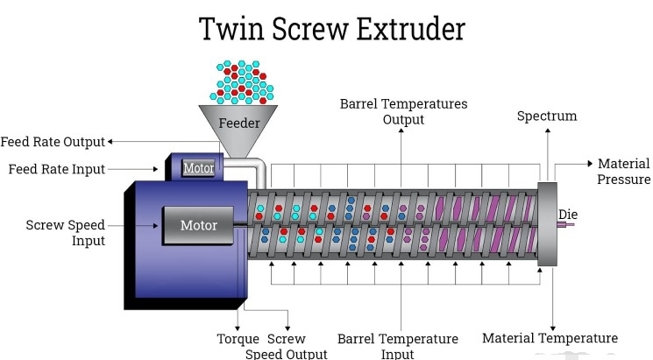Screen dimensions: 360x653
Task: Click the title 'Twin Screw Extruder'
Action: [x=332, y=28]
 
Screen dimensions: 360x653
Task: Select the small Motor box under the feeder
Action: [x=198, y=166]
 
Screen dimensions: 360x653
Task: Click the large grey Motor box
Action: [x=198, y=225]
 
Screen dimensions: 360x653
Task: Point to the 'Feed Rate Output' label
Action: [x=53, y=142]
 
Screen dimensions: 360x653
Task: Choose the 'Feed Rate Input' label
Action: [x=56, y=168]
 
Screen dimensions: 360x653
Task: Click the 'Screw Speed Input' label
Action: [x=66, y=232]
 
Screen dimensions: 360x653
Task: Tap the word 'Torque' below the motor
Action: [x=238, y=339]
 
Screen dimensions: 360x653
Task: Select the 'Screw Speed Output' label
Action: [x=287, y=346]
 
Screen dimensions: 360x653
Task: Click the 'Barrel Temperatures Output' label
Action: [x=403, y=111]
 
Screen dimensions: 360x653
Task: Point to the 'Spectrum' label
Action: [x=547, y=116]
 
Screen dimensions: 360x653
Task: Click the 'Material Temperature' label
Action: [x=550, y=338]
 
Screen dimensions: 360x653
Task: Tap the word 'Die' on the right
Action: [x=569, y=214]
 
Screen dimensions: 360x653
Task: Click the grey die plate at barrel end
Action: [x=549, y=223]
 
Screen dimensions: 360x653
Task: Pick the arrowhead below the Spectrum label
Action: [x=548, y=131]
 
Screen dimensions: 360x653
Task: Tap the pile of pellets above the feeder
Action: [x=238, y=81]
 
